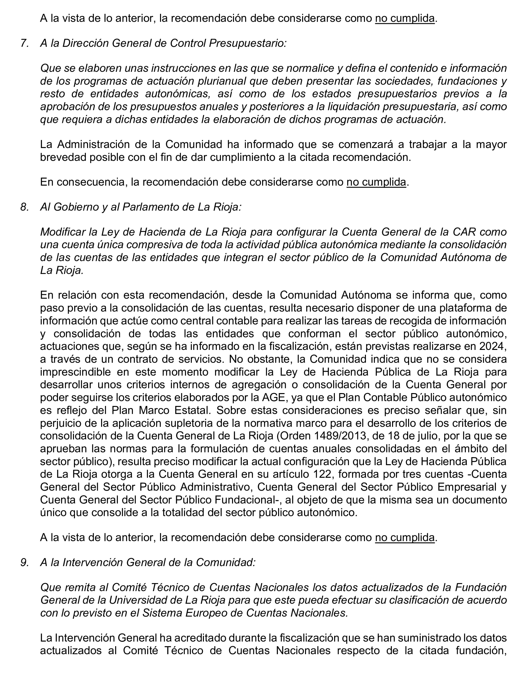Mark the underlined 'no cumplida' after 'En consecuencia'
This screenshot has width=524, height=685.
(x=376, y=182)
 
